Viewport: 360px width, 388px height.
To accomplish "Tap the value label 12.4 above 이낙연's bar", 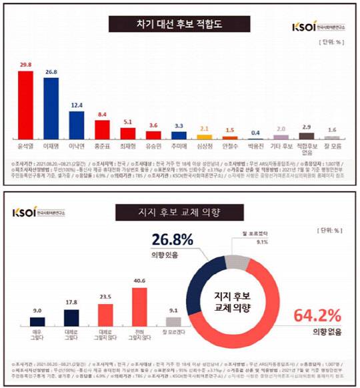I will pyautogui.click(x=75, y=105).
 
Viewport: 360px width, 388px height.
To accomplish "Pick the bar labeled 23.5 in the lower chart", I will pyautogui.click(x=105, y=317).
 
